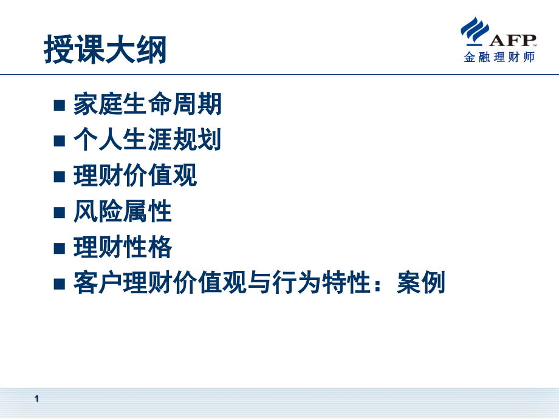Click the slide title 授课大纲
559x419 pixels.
coord(105,50)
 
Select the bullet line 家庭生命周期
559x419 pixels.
coord(147,105)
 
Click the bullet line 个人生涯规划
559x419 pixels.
coord(147,141)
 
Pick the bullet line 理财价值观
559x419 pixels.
coord(135,177)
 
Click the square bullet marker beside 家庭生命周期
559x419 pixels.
coord(59,106)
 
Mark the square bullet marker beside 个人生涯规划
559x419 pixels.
coord(59,142)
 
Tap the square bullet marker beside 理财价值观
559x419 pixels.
coord(59,177)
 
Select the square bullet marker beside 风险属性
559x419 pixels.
coord(59,213)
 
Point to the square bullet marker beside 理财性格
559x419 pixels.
coord(59,249)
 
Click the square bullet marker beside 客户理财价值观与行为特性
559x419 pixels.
coord(59,284)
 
